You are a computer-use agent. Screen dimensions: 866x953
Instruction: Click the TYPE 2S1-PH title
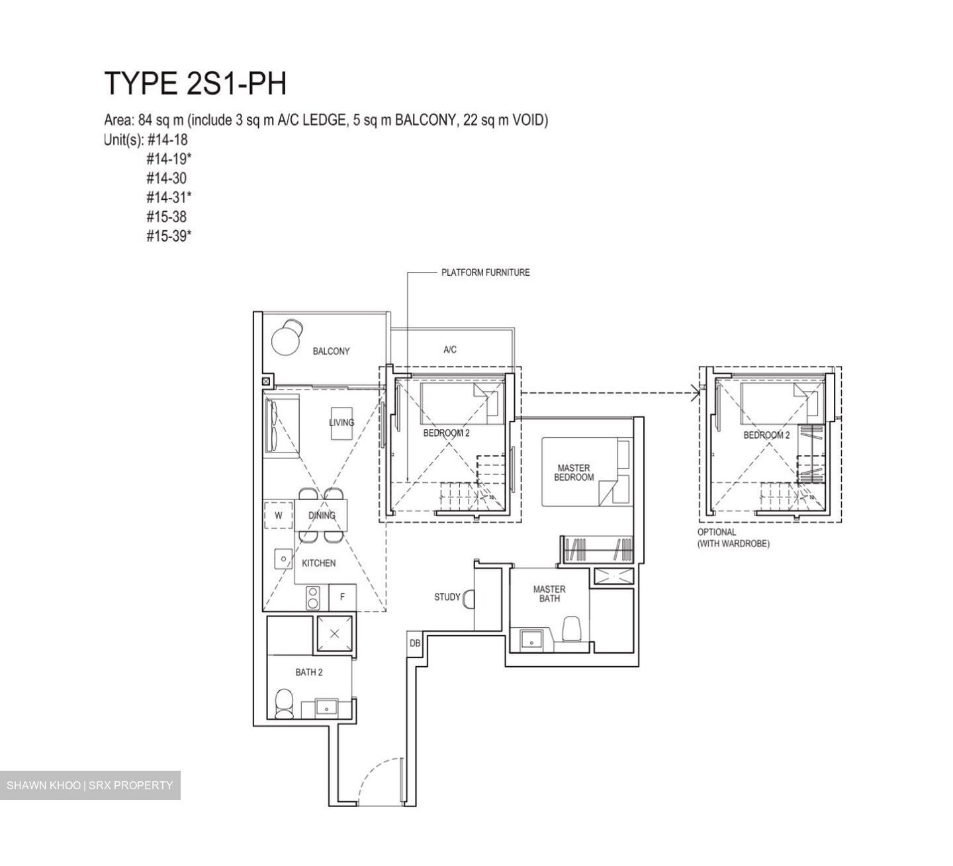coord(195,84)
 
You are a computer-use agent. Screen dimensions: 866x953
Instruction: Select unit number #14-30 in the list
coord(166,178)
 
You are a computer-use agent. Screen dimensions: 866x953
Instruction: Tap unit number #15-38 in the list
coord(166,216)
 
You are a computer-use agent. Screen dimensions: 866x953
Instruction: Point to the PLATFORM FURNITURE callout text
coord(485,273)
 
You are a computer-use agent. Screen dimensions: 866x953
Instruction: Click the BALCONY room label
coord(331,351)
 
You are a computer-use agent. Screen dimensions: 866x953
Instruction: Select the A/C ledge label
coord(449,349)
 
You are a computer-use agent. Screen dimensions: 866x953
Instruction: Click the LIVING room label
coord(341,422)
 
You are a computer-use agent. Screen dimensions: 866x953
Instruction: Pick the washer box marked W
coord(279,515)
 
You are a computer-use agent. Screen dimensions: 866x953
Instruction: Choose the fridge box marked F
coord(342,597)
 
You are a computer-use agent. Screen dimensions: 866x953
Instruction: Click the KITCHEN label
coord(318,563)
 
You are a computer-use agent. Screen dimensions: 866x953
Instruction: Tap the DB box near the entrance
coord(414,643)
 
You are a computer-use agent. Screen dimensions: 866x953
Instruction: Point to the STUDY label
coord(447,597)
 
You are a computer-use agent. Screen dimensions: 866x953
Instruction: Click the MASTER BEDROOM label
coord(573,472)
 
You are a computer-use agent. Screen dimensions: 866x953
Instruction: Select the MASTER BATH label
coord(549,593)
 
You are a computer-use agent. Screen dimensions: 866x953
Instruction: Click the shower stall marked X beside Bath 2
coord(334,633)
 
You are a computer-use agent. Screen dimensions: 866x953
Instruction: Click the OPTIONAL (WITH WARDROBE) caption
coord(733,538)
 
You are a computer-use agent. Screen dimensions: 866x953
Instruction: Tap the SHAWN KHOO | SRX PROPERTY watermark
coord(90,785)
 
